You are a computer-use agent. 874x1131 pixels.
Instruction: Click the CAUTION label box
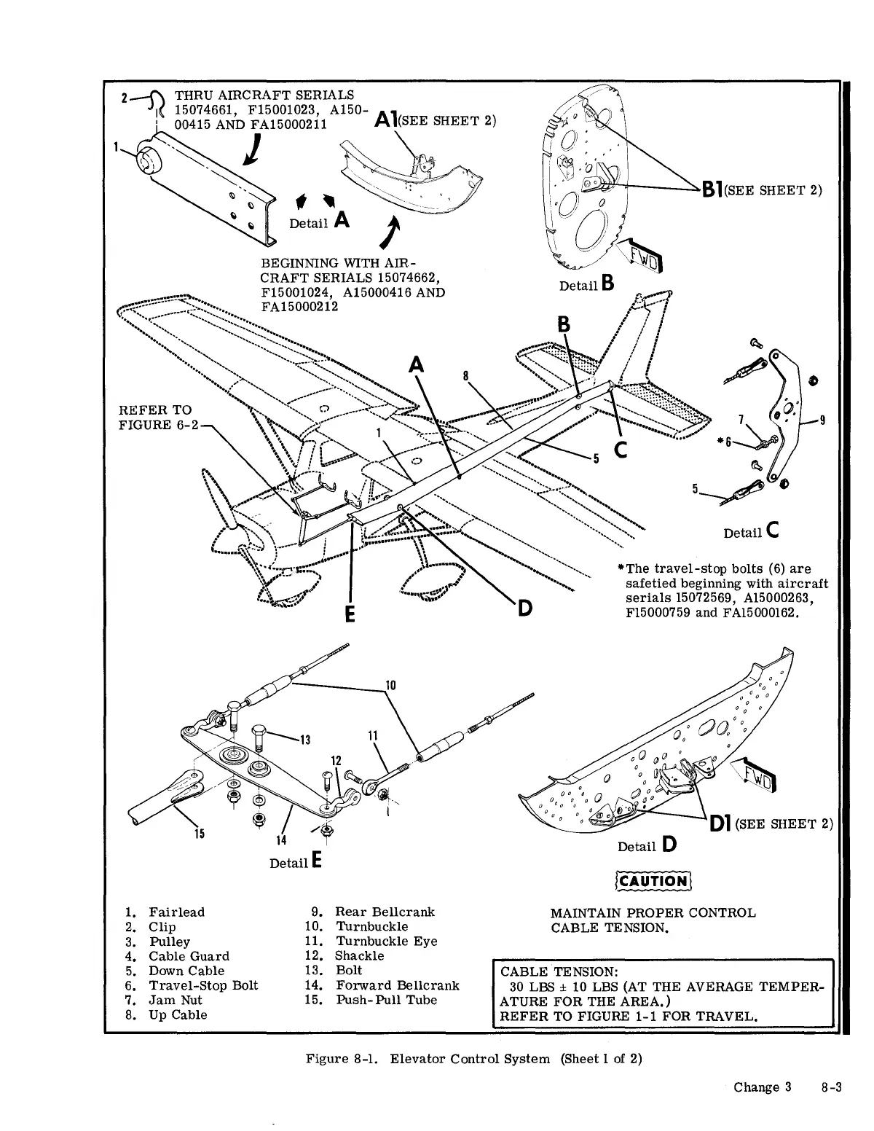(x=653, y=881)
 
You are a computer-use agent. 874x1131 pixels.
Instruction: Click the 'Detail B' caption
(x=587, y=285)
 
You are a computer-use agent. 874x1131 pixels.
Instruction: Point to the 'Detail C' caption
(x=752, y=532)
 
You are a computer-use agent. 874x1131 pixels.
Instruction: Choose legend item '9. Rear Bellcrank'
(x=372, y=912)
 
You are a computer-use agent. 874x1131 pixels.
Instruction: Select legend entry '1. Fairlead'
(x=165, y=912)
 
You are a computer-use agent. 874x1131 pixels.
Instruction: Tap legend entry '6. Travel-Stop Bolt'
(x=192, y=985)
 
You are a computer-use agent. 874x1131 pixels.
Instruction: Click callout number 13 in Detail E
(x=305, y=742)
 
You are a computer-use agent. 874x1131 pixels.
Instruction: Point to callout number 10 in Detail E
(x=390, y=685)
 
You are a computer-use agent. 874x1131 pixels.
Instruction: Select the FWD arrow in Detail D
(x=757, y=777)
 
